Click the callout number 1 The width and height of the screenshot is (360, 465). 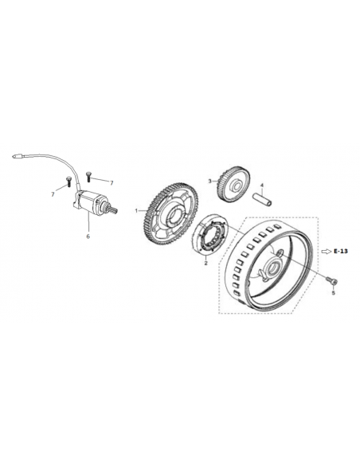point(136,211)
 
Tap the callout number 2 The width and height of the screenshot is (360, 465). point(205,263)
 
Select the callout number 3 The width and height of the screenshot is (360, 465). point(209,181)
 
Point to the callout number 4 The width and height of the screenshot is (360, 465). point(262,186)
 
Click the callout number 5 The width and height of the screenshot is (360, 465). point(333,293)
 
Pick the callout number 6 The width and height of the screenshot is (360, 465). point(88,236)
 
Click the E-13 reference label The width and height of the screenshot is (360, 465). point(340,251)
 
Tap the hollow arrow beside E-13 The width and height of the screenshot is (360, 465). point(327,252)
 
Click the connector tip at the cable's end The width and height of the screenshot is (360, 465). point(17,155)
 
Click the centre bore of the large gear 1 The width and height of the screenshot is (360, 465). point(173,216)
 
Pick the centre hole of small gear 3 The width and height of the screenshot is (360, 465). point(237,186)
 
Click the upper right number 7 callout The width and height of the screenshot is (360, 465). point(112,183)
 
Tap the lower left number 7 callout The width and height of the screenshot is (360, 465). point(53,194)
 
